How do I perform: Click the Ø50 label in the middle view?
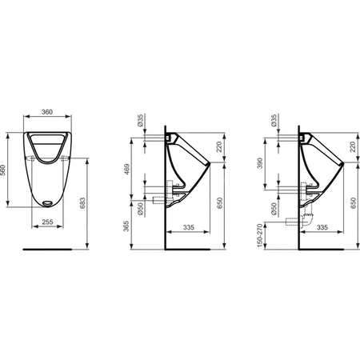pyautogui.click(x=141, y=210)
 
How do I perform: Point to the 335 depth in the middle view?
pyautogui.click(x=189, y=227)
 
